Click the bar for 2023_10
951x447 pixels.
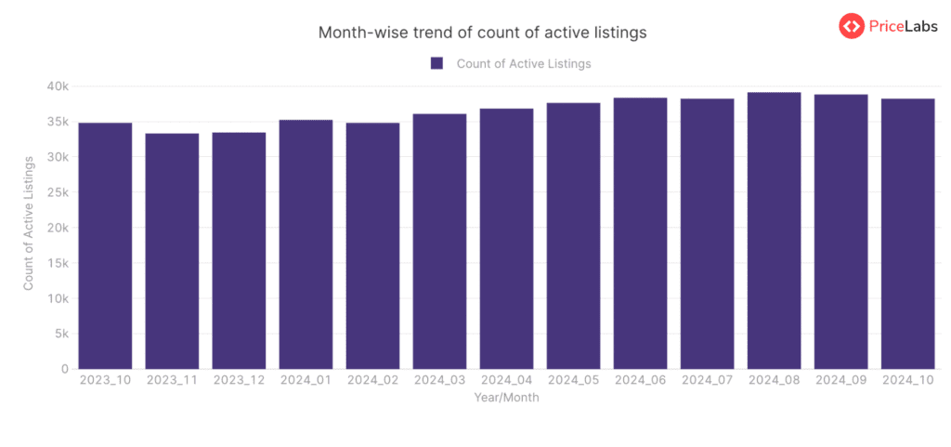[x=105, y=246]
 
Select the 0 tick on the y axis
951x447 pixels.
[x=64, y=369]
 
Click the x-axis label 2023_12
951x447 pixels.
[x=239, y=381]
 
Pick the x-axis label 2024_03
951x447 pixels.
[x=439, y=381]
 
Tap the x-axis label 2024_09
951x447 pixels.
[x=840, y=381]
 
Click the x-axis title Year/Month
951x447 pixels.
[x=506, y=397]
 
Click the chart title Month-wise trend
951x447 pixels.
[x=482, y=33]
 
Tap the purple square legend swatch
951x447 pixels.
[x=436, y=63]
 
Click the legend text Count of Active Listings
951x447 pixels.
[x=524, y=63]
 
